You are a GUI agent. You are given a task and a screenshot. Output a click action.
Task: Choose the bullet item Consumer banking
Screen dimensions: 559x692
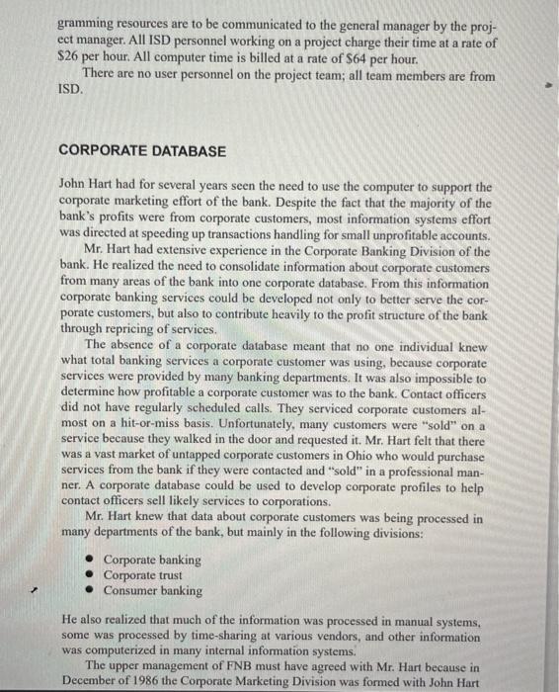(154, 590)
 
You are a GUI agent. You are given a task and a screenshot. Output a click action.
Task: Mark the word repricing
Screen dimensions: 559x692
(147, 328)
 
